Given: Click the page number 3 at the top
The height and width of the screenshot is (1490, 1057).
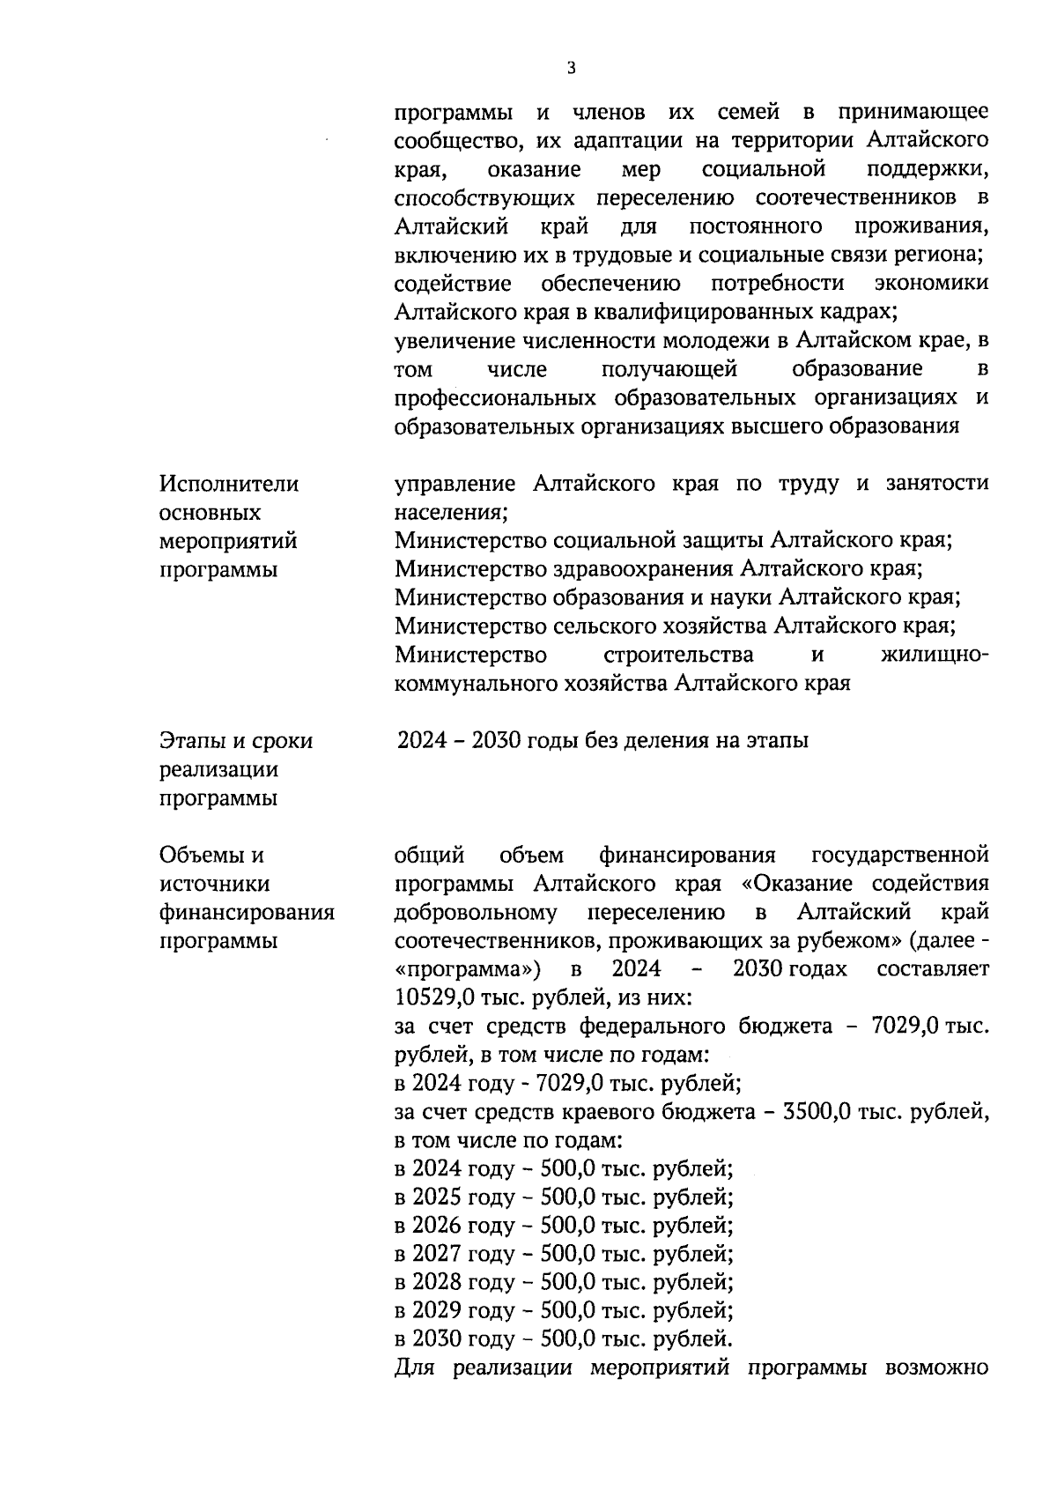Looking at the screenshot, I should (572, 69).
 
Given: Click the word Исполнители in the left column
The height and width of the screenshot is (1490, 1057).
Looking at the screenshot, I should (229, 484).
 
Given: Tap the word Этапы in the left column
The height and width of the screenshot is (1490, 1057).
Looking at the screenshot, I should (193, 741).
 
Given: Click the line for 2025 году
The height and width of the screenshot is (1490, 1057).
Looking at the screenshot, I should (564, 1197).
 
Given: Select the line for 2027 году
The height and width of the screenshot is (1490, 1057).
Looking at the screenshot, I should (564, 1254).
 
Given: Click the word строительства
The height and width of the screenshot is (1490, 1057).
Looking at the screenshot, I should (678, 655).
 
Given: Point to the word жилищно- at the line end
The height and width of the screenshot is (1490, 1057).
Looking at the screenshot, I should (934, 655).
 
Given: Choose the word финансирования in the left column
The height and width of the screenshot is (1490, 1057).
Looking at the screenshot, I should (247, 912).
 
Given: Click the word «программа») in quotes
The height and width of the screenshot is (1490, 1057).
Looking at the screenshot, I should (468, 969).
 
